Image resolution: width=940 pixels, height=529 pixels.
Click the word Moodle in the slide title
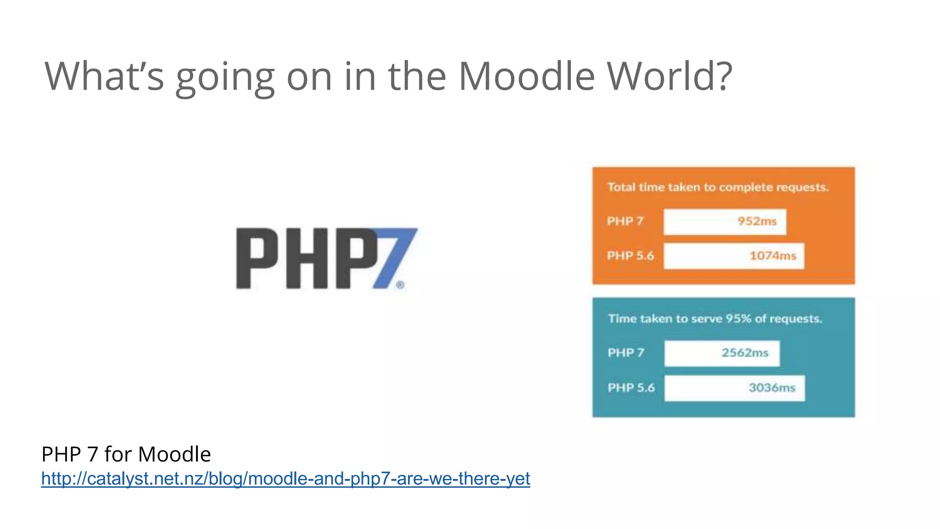click(x=526, y=76)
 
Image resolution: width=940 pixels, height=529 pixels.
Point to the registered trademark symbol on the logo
click(x=400, y=285)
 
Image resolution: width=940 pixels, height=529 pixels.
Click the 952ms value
click(x=757, y=221)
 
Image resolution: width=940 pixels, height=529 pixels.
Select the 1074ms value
click(x=772, y=256)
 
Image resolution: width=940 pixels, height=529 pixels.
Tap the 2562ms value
click(x=744, y=353)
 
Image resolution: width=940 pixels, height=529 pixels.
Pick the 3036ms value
click(x=772, y=388)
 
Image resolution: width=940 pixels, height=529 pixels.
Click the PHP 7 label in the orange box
click(x=625, y=221)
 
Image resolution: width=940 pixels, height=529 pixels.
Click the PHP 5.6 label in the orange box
click(x=630, y=256)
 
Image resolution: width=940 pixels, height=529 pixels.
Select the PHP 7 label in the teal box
click(x=626, y=353)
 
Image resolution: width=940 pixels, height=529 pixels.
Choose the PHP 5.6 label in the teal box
click(x=631, y=388)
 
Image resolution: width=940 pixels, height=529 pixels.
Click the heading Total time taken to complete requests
click(x=718, y=187)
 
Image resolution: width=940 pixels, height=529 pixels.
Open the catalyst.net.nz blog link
click(x=285, y=478)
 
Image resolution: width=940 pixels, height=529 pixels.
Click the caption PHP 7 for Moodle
click(x=126, y=454)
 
